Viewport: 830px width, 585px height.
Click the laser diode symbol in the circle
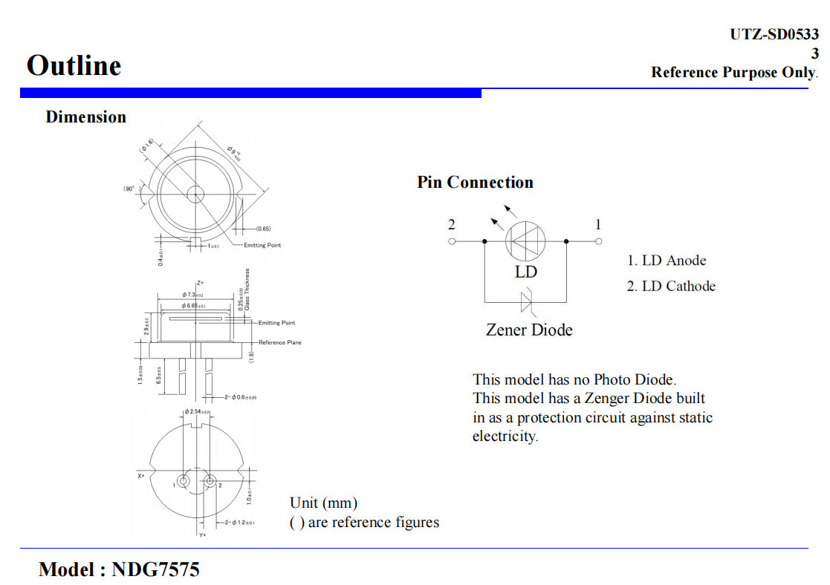(526, 241)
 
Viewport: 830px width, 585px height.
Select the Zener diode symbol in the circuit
(527, 301)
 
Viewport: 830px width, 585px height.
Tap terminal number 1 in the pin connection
(598, 241)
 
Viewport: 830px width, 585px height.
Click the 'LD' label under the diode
(525, 272)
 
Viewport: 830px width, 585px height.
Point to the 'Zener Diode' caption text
(529, 330)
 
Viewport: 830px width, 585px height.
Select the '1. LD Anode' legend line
(667, 261)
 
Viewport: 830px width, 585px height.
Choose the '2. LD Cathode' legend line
(671, 287)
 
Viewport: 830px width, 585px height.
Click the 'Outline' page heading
(74, 65)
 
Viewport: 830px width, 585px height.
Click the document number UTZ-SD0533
(774, 34)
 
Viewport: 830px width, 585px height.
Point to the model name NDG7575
(155, 569)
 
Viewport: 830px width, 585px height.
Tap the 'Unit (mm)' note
(323, 503)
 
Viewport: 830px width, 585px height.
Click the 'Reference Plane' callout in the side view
(280, 342)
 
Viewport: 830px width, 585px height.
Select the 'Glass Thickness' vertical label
(247, 290)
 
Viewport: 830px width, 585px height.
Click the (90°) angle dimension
(129, 189)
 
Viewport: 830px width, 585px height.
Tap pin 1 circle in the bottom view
(183, 481)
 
